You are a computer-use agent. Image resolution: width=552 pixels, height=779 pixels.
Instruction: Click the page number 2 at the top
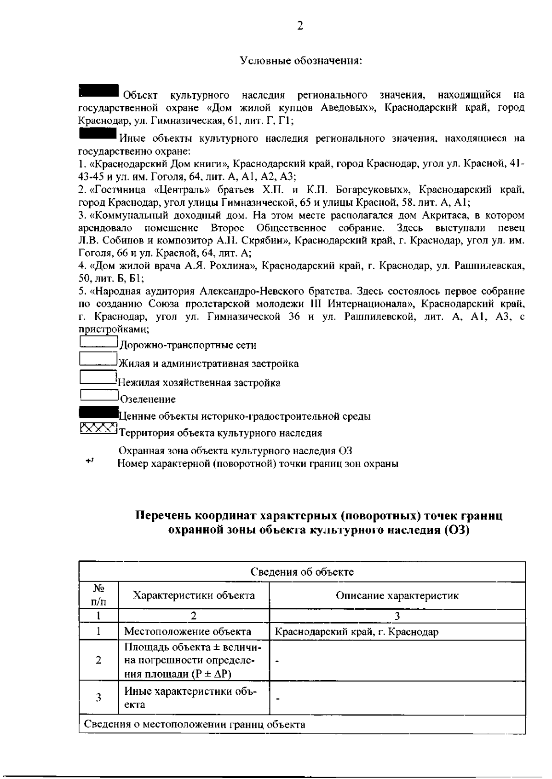point(299,26)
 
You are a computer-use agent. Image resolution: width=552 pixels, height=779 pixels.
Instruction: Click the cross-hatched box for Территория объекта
point(98,429)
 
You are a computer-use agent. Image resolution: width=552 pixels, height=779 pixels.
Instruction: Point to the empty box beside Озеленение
point(98,395)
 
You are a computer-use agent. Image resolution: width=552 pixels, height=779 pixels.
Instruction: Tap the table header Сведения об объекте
point(302,572)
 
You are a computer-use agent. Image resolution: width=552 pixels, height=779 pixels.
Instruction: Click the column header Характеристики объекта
point(194,595)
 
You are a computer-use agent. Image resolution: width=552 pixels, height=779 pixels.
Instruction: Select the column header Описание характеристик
point(397,595)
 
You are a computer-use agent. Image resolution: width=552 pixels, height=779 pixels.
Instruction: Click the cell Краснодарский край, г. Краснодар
point(356,632)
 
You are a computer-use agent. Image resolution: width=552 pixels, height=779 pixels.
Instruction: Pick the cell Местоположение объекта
point(188,632)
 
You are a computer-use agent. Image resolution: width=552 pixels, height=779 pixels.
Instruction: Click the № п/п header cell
point(98,595)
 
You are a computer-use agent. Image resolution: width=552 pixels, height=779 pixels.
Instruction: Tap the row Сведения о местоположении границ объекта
point(195,725)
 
